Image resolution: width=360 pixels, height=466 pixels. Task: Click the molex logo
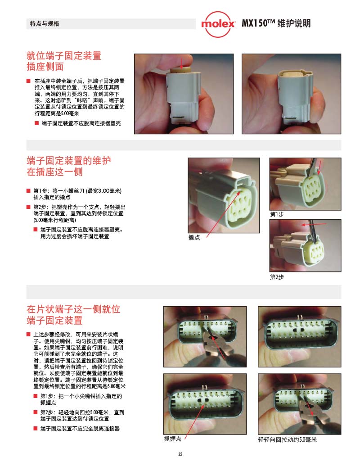coord(218,24)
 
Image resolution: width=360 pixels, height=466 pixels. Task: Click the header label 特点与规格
coord(45,23)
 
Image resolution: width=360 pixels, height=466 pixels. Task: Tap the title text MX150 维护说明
coord(276,23)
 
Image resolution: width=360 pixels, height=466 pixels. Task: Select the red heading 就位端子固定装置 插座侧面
coord(64,61)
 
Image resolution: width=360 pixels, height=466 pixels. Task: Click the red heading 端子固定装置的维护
coord(68,160)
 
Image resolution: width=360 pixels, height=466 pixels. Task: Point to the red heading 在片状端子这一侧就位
coord(73,309)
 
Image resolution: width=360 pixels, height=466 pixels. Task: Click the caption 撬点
coord(194,237)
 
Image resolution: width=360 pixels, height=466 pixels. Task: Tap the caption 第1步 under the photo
coord(277,214)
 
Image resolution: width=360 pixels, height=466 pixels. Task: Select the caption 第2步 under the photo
coord(277,277)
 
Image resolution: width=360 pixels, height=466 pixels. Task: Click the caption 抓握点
coord(172,439)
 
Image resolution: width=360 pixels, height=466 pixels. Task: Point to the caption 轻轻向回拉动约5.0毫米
coord(287,439)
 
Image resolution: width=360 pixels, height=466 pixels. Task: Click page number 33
coord(180,454)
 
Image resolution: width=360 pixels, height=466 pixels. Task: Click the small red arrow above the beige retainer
coord(181,63)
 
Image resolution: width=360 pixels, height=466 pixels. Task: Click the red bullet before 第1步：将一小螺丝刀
coord(28,191)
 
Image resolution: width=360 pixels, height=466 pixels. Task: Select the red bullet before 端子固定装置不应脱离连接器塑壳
coord(37,123)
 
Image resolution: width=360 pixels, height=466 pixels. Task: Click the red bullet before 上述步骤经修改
coord(28,335)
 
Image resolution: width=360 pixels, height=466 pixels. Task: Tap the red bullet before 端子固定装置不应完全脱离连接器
coord(36,428)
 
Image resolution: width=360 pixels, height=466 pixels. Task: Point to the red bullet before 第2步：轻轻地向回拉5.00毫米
coord(36,412)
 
